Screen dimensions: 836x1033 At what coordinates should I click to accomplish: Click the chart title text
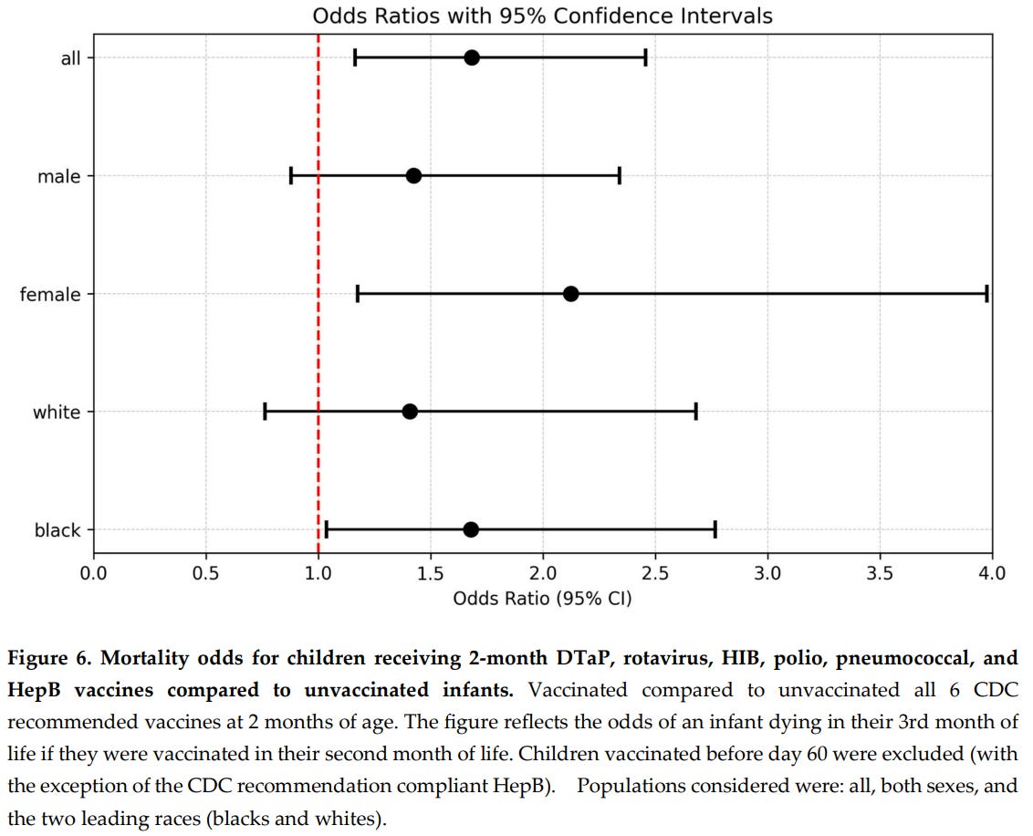click(x=542, y=16)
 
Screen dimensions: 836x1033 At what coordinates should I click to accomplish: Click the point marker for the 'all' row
click(x=471, y=57)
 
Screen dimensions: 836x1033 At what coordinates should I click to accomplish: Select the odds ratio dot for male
click(x=413, y=175)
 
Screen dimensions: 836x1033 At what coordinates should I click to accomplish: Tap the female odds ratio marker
click(x=570, y=293)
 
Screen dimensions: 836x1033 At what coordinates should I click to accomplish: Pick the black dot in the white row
click(x=410, y=412)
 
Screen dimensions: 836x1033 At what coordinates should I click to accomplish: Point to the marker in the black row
click(x=471, y=529)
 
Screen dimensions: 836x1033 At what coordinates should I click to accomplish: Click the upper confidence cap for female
click(x=986, y=293)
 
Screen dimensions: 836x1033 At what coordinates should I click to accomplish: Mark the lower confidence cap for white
click(x=265, y=412)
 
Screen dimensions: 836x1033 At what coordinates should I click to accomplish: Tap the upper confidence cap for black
click(x=715, y=529)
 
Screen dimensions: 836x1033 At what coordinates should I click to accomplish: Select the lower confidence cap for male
click(x=291, y=175)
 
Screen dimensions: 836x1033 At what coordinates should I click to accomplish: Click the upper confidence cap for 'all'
click(x=645, y=57)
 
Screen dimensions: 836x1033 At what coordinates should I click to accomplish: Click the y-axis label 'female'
click(x=50, y=294)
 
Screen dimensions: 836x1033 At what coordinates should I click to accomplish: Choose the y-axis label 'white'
click(x=57, y=413)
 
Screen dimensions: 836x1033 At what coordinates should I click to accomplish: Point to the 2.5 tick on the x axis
click(x=655, y=573)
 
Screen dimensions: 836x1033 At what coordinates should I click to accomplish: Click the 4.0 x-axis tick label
click(x=992, y=573)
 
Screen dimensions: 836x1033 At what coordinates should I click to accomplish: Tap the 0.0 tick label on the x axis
click(x=93, y=573)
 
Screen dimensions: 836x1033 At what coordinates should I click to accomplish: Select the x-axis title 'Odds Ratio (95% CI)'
click(x=542, y=599)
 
